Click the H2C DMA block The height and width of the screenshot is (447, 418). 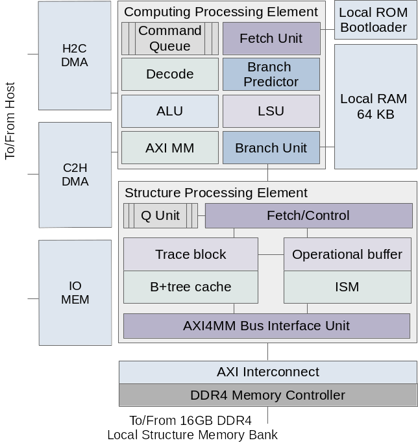[x=75, y=55]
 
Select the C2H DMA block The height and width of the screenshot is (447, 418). [x=75, y=175]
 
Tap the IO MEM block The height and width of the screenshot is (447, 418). [x=75, y=293]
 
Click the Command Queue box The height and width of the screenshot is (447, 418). [x=170, y=38]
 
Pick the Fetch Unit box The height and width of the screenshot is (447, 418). [x=271, y=38]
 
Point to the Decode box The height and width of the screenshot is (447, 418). [x=170, y=74]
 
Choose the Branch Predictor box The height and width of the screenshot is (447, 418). [x=271, y=74]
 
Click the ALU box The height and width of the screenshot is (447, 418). [x=170, y=111]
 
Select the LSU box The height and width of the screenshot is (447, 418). [x=271, y=111]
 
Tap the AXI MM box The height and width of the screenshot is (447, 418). [x=170, y=148]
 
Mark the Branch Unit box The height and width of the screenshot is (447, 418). [x=271, y=148]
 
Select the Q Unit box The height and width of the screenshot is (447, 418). [x=160, y=215]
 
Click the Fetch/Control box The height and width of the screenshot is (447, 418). [x=308, y=215]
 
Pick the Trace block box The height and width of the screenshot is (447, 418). [x=191, y=254]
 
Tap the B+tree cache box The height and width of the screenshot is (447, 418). [x=191, y=287]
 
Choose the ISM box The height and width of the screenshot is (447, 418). [x=347, y=287]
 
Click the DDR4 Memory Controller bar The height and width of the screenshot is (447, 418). [x=267, y=395]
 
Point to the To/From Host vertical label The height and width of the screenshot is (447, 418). [x=10, y=120]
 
